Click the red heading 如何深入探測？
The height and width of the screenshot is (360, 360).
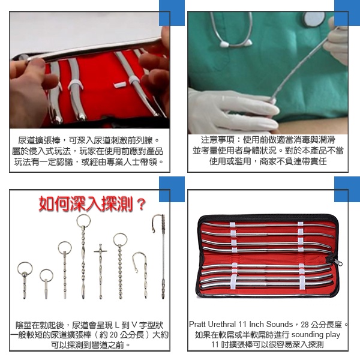tap(92, 203)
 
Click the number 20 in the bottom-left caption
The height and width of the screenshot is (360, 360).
tap(113, 335)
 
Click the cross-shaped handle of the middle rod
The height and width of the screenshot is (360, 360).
tap(100, 251)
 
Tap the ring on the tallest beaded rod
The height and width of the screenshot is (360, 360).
tap(83, 221)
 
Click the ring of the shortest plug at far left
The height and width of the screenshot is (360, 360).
tap(25, 269)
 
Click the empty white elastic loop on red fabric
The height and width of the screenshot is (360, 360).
tap(120, 85)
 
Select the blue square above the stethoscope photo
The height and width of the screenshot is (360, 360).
tap(347, 13)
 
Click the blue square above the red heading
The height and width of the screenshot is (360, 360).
tap(172, 189)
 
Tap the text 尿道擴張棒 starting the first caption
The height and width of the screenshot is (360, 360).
tap(39, 140)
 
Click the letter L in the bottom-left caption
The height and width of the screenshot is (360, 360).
tap(117, 325)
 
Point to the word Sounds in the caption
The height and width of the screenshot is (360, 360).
tap(280, 325)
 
